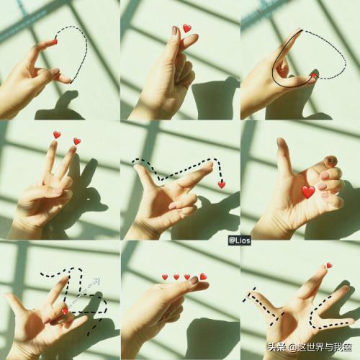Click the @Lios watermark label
(239, 240)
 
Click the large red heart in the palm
(308, 192)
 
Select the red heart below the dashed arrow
(222, 185)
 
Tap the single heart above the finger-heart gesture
(187, 28)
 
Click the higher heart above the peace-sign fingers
(57, 135)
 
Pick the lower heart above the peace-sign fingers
(77, 141)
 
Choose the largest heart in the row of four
(203, 276)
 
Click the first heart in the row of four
(165, 277)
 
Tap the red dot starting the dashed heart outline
(55, 42)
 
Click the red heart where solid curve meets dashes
(314, 76)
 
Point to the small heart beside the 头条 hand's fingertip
(329, 265)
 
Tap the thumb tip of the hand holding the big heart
(280, 142)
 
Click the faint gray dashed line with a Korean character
(84, 292)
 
